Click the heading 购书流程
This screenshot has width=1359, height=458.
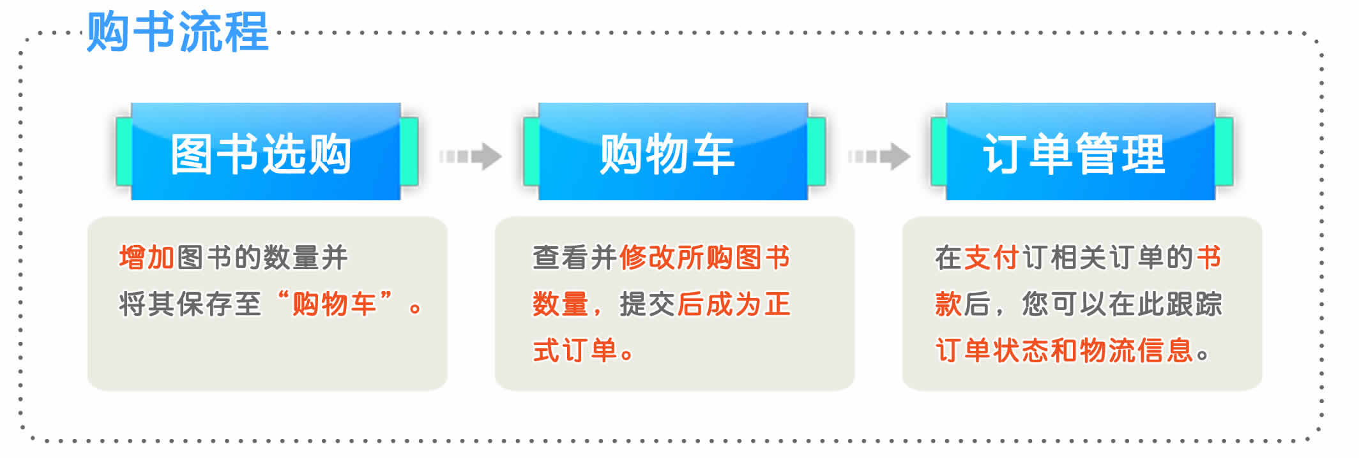178,32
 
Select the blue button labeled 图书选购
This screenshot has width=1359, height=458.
266,152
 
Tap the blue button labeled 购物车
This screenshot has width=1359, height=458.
673,152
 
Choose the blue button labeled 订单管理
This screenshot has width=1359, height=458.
1081,152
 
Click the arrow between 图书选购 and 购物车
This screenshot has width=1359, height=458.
471,156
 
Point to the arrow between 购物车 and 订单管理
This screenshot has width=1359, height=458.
879,156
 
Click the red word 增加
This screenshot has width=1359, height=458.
147,258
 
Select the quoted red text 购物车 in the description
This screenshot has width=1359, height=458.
334,304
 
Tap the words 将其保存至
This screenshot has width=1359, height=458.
190,304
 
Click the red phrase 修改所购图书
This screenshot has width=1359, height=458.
705,258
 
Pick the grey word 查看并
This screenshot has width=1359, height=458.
575,258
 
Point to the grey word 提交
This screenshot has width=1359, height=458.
648,304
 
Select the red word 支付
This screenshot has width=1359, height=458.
992,258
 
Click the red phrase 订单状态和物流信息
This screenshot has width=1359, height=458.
1064,351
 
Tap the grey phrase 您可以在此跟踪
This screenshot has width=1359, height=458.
1122,304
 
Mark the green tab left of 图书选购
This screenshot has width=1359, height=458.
124,152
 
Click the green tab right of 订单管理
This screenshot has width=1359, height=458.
1224,152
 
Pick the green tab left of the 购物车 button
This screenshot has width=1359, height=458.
531,152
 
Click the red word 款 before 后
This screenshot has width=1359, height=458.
948,304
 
